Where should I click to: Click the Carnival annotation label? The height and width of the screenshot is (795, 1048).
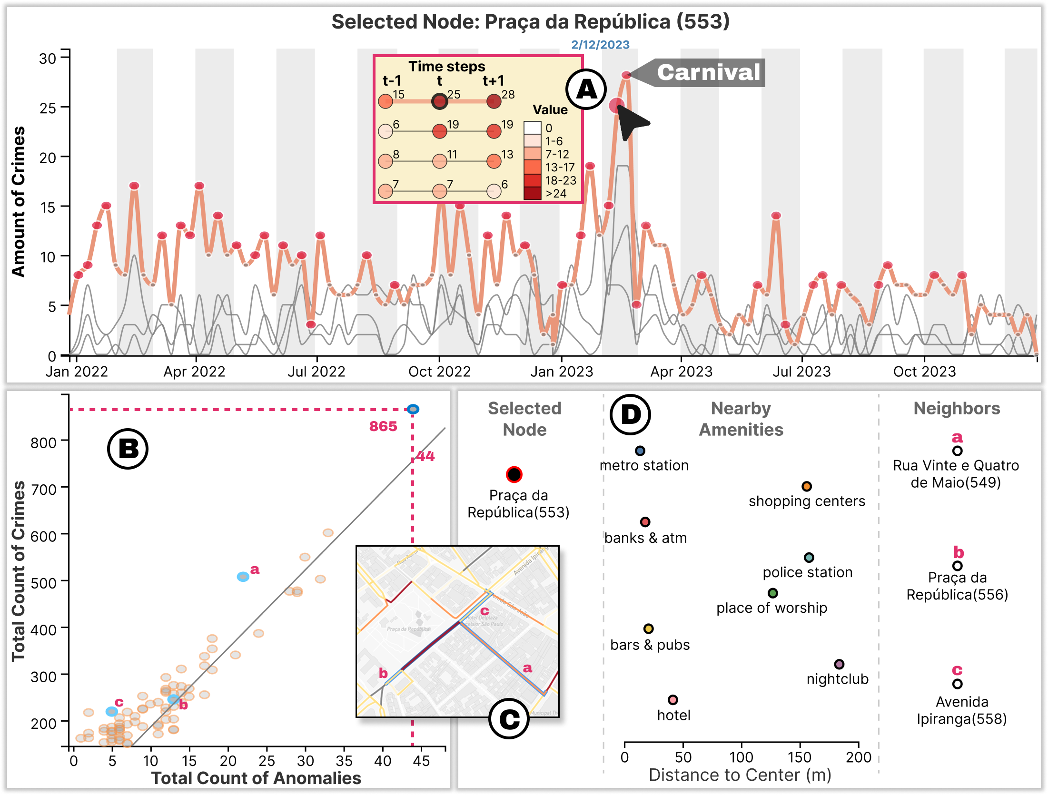(x=708, y=72)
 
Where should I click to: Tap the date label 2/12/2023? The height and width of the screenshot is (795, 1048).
(x=600, y=45)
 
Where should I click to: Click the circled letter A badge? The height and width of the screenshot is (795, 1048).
(x=586, y=89)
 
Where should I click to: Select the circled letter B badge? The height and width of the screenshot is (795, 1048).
(x=128, y=449)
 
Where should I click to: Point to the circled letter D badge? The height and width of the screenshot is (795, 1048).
(x=630, y=414)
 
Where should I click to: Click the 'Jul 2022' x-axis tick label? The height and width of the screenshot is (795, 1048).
(x=316, y=372)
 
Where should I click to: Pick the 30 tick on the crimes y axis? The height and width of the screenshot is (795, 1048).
(x=48, y=59)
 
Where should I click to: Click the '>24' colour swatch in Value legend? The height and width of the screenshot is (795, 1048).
(x=532, y=193)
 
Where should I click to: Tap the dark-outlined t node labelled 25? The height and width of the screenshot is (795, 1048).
(x=439, y=101)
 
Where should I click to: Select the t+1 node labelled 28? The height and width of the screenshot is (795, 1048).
(x=494, y=101)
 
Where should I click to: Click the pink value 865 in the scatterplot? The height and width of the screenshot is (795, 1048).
(x=383, y=426)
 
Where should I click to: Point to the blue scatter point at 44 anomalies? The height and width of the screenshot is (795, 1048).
(x=413, y=409)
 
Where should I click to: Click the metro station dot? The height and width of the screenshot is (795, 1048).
(x=640, y=451)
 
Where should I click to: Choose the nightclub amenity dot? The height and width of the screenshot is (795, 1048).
(x=839, y=664)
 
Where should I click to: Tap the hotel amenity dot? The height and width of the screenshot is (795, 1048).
(x=672, y=700)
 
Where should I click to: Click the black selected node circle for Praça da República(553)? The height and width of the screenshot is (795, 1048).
(x=514, y=474)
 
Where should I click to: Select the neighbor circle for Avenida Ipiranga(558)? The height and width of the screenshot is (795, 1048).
(x=958, y=684)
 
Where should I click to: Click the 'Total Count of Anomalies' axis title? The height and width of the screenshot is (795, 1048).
(x=256, y=778)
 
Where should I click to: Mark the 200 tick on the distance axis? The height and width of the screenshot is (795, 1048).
(x=858, y=757)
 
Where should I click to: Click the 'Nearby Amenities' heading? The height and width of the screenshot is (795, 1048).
(x=741, y=419)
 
